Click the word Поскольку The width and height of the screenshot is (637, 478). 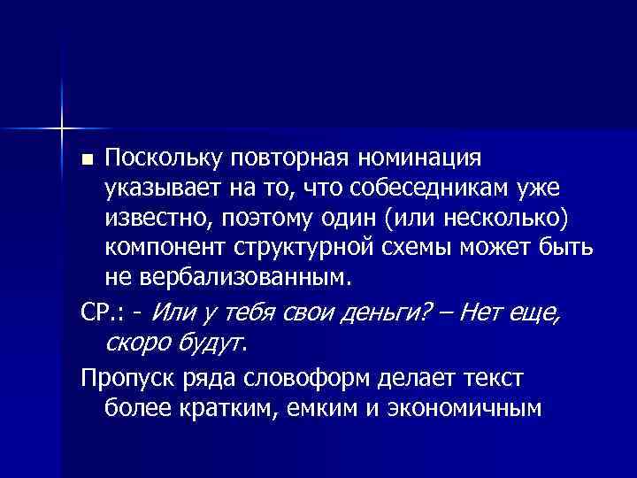click(x=160, y=158)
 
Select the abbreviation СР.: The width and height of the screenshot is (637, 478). click(x=104, y=311)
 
